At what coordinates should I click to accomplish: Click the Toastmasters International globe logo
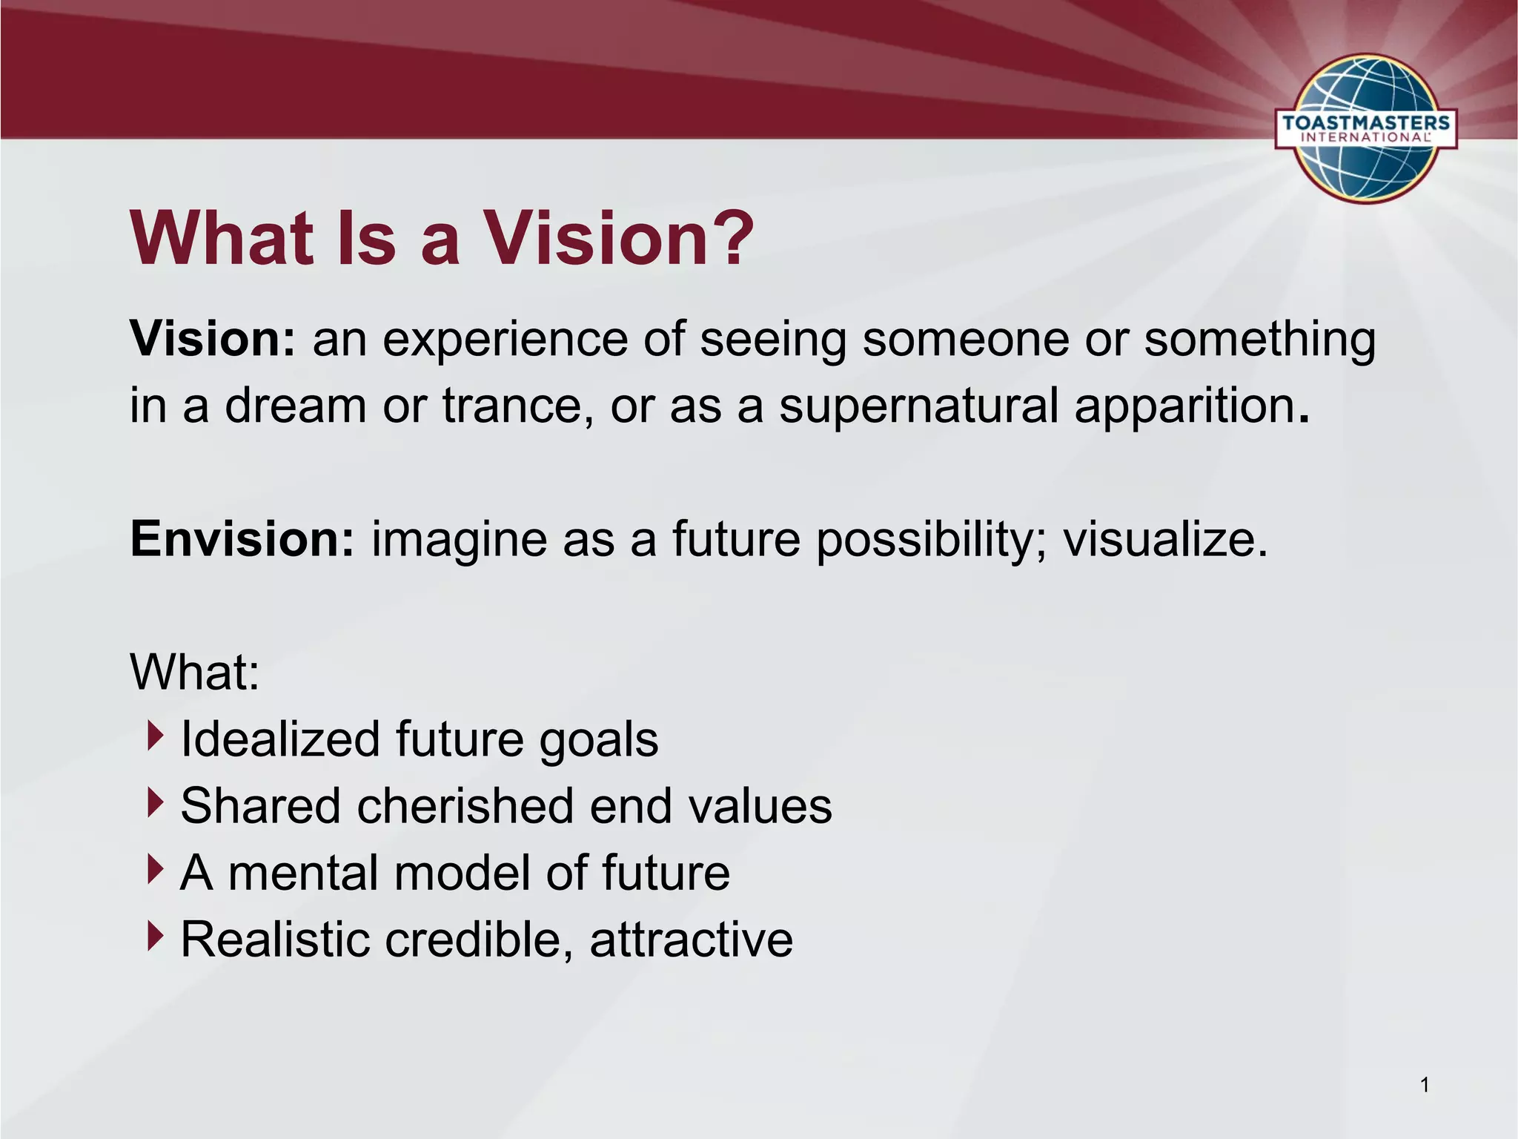[x=1365, y=128]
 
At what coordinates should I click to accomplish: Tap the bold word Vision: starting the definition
[x=213, y=339]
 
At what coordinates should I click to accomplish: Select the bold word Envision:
[x=242, y=539]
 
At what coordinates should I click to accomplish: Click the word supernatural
[x=918, y=406]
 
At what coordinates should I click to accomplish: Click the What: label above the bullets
[x=194, y=673]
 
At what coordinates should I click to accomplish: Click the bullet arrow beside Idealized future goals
[x=154, y=736]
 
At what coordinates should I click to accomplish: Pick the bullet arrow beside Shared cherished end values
[x=154, y=803]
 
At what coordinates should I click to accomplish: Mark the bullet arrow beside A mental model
[x=154, y=869]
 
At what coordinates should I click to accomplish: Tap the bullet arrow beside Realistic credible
[x=154, y=936]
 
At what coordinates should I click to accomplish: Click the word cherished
[x=465, y=806]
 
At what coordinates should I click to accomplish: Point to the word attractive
[x=691, y=940]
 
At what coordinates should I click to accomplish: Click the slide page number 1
[x=1424, y=1086]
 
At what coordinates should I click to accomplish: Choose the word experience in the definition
[x=503, y=340]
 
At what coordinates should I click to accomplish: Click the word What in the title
[x=222, y=239]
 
